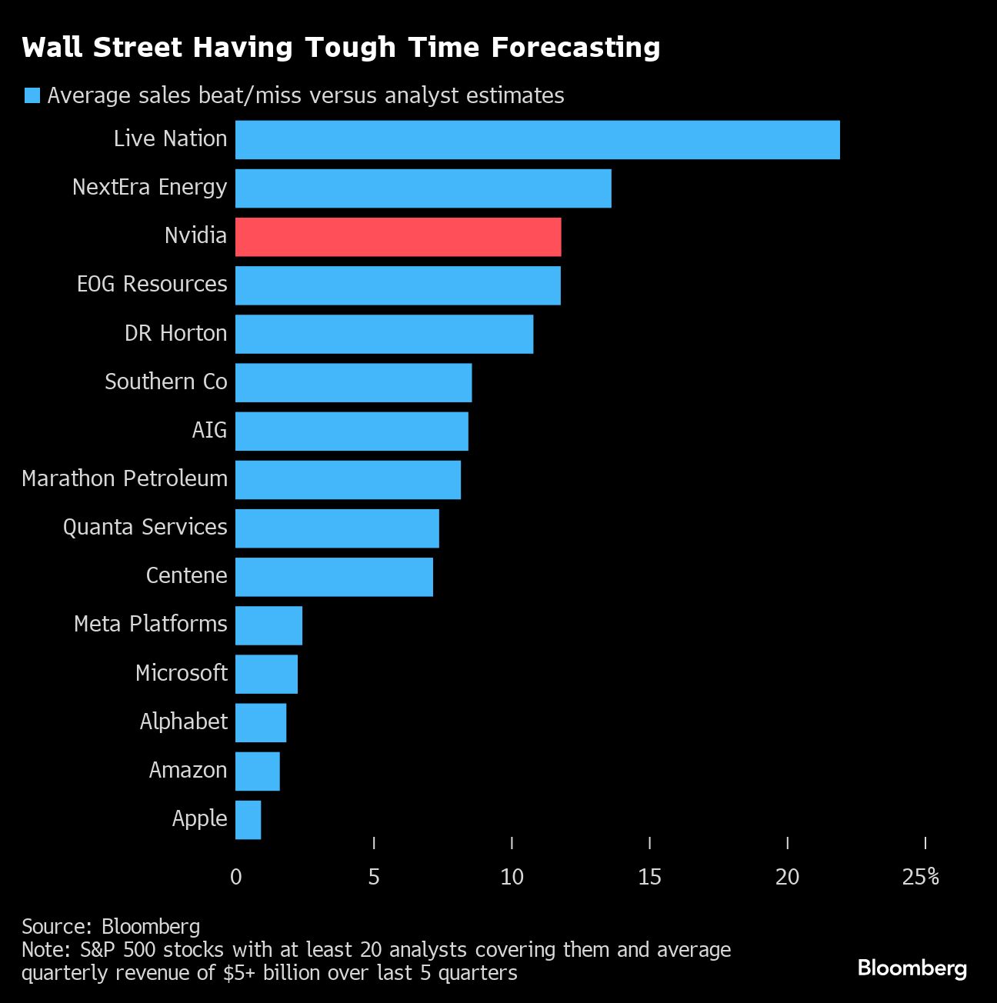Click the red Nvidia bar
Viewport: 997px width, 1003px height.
pos(398,237)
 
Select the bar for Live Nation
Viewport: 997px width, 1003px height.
pos(537,140)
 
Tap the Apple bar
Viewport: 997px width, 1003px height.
pos(248,820)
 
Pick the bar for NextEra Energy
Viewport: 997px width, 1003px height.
pos(423,188)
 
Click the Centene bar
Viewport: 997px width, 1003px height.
pos(334,577)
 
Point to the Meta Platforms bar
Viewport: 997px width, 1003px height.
pos(268,625)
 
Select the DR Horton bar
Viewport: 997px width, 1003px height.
pos(384,334)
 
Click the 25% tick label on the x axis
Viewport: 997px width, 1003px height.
pos(921,877)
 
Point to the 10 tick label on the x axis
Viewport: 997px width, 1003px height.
pos(512,877)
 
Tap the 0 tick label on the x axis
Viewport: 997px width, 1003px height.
pos(236,877)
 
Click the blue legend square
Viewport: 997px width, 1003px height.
pos(32,95)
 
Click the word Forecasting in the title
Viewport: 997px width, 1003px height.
pos(575,48)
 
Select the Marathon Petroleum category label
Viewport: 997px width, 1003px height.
pos(125,478)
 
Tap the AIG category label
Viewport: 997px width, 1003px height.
pos(209,429)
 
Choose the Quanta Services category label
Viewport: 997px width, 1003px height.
pos(145,527)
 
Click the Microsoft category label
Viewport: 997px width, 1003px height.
pos(182,673)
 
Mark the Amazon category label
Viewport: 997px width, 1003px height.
pos(188,770)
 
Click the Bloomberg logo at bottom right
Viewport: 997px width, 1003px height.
pos(912,968)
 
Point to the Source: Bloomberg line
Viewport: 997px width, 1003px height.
pos(111,927)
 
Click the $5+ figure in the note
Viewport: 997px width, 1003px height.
pos(239,973)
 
